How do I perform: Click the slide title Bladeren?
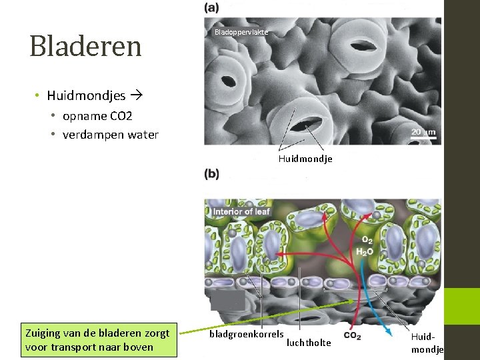[x=85, y=46]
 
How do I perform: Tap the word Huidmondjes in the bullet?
[x=86, y=96]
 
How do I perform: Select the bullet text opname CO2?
[x=97, y=116]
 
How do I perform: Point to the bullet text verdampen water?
[x=110, y=135]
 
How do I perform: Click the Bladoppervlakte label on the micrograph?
[x=241, y=33]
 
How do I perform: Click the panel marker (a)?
[x=212, y=8]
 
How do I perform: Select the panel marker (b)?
[x=212, y=174]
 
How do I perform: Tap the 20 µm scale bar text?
[x=423, y=133]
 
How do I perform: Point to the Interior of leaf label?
[x=241, y=212]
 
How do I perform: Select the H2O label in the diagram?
[x=364, y=252]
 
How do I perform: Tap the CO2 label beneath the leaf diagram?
[x=352, y=337]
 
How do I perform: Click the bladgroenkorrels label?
[x=246, y=333]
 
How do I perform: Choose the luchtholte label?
[x=309, y=343]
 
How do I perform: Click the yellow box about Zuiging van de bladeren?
[x=99, y=339]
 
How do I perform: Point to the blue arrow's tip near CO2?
[x=391, y=329]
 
